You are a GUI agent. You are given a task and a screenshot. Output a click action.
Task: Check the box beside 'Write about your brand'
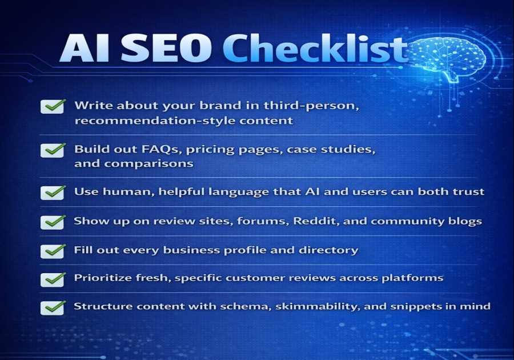coord(53,106)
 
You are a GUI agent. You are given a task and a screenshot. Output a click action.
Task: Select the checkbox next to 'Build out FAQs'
coord(53,150)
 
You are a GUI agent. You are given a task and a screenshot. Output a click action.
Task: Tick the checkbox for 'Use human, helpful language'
coord(53,192)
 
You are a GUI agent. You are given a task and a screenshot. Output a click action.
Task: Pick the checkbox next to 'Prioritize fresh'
coord(53,279)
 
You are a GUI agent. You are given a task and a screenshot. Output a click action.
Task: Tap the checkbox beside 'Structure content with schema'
coord(53,307)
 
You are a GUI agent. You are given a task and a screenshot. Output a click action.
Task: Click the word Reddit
coord(314,221)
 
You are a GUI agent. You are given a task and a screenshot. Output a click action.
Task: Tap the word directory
coord(334,250)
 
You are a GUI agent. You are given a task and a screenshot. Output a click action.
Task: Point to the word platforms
coord(416,278)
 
